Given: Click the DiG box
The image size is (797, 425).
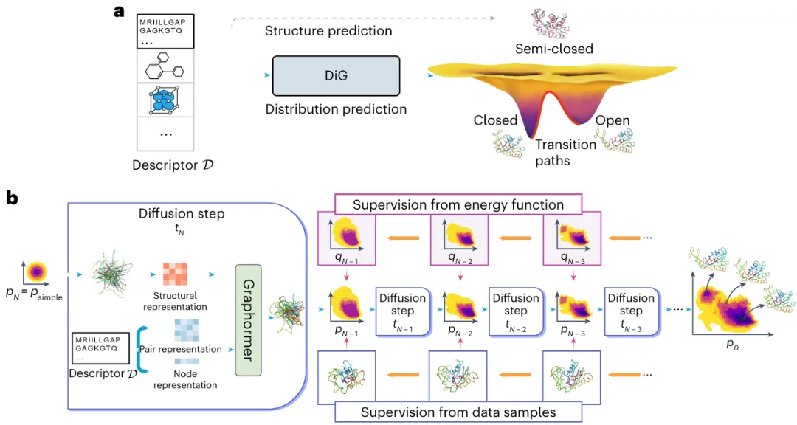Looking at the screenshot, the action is pyautogui.click(x=336, y=76).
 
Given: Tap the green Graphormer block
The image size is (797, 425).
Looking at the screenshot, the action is pyautogui.click(x=248, y=319).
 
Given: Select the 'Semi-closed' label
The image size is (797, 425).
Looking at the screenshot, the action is pyautogui.click(x=554, y=49).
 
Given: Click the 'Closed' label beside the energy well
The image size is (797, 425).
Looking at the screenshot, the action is pyautogui.click(x=495, y=120).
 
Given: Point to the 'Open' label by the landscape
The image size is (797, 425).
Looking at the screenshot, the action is pyautogui.click(x=613, y=120).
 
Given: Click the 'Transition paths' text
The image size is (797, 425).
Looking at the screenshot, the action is pyautogui.click(x=565, y=153).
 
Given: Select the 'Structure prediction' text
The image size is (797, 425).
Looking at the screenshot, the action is pyautogui.click(x=328, y=31).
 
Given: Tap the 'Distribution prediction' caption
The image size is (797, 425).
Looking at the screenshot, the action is pyautogui.click(x=336, y=109).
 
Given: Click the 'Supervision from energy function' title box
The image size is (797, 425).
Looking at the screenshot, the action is pyautogui.click(x=458, y=204).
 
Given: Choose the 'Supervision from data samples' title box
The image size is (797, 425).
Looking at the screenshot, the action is pyautogui.click(x=458, y=412).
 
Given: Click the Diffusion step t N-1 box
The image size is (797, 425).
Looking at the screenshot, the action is pyautogui.click(x=403, y=311).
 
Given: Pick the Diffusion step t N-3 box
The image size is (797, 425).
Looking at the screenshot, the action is pyautogui.click(x=631, y=311).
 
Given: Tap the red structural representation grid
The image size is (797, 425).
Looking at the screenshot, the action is pyautogui.click(x=175, y=274).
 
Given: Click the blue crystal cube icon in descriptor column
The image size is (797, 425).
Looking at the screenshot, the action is pyautogui.click(x=165, y=100).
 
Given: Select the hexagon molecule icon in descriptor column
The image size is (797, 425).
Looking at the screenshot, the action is pyautogui.click(x=164, y=66).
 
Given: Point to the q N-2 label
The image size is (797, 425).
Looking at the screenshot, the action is pyautogui.click(x=460, y=258).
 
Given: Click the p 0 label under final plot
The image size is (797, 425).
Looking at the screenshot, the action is pyautogui.click(x=732, y=344).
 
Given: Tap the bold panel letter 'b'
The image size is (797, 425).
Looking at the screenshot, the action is pyautogui.click(x=12, y=198).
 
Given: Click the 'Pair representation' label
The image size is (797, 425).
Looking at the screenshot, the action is pyautogui.click(x=181, y=349).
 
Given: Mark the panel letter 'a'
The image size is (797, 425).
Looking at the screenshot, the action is pyautogui.click(x=119, y=11).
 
